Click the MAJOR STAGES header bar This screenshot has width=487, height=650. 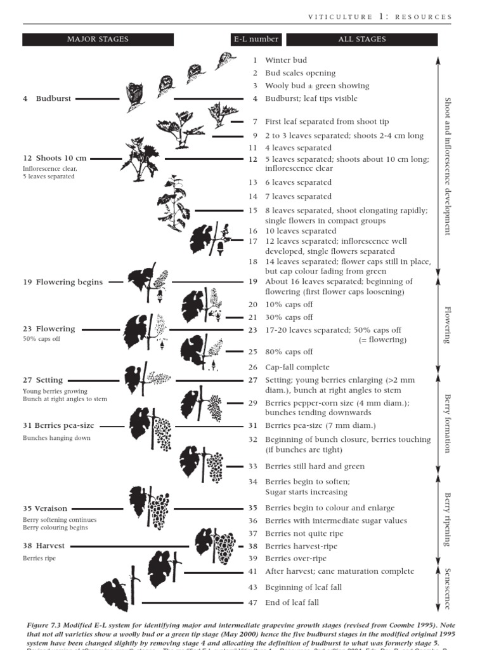click(98, 39)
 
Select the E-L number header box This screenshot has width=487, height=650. click(255, 39)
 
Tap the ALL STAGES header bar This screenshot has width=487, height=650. click(361, 39)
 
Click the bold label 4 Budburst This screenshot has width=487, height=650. click(47, 99)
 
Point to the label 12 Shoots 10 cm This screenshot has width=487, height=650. click(55, 158)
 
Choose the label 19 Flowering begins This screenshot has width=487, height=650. click(63, 282)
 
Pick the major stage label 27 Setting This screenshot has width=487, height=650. click(43, 380)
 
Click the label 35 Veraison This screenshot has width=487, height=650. click(45, 508)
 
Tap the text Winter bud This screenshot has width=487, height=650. click(285, 60)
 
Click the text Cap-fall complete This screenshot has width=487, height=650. click(297, 367)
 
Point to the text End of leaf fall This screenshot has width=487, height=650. click(292, 602)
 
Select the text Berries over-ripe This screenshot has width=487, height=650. click(295, 559)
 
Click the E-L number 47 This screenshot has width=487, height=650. click(253, 602)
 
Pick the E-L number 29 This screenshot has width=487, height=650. click(253, 403)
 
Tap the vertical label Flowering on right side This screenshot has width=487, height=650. click(447, 324)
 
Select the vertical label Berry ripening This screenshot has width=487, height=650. click(447, 519)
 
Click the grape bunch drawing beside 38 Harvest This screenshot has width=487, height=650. click(224, 547)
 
